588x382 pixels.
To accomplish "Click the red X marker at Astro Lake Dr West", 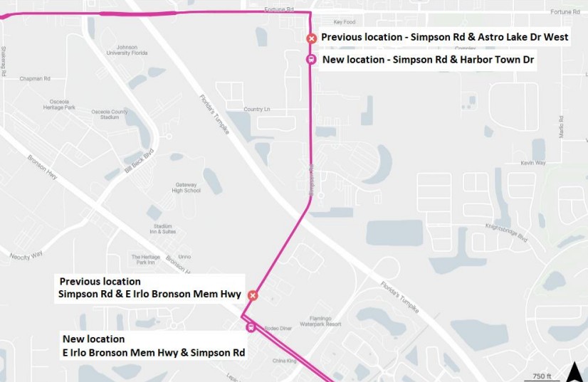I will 311,38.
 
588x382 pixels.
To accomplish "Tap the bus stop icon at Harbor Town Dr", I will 311,59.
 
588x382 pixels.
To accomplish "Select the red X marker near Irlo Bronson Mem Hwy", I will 252,295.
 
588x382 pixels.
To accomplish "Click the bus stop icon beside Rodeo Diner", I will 251,327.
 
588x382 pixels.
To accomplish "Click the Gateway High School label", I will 187,187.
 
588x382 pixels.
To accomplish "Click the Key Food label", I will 344,22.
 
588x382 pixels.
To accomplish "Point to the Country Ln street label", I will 258,109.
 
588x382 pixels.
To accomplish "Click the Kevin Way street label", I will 532,163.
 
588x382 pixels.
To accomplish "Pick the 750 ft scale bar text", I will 542,376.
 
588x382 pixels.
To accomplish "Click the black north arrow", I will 574,371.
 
